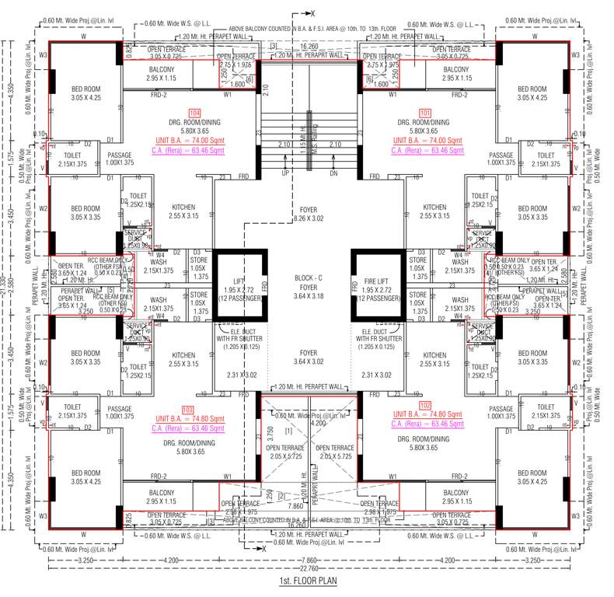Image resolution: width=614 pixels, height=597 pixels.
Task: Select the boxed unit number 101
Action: click(424, 113)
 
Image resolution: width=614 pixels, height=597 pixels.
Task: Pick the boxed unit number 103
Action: click(187, 410)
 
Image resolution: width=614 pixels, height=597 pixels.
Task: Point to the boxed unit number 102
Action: click(424, 405)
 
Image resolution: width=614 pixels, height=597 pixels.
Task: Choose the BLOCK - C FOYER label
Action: click(309, 284)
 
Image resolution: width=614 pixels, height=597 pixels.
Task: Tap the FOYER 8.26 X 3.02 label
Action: click(309, 215)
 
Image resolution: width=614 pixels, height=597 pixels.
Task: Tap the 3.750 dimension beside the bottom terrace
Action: click(270, 433)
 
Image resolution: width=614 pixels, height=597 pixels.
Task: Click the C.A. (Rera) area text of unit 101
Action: click(424, 150)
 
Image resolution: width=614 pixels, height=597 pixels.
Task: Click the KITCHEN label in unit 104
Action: click(183, 212)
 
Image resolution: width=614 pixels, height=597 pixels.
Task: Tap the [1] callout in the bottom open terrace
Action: click(288, 430)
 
